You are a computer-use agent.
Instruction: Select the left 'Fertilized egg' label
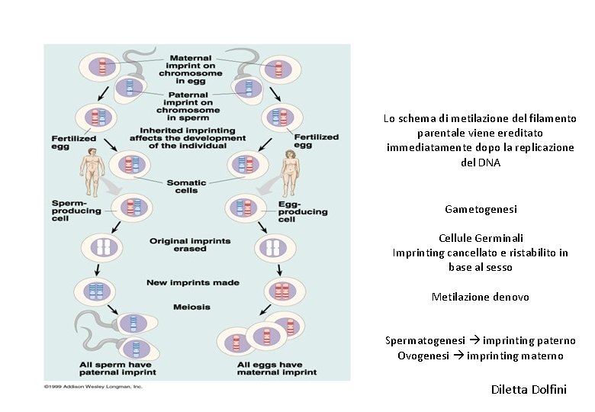click(73, 143)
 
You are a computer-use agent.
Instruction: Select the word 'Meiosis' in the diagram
click(191, 307)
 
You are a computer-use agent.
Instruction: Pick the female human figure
click(290, 172)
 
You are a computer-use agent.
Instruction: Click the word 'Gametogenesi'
click(481, 208)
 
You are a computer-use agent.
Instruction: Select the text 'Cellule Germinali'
click(481, 238)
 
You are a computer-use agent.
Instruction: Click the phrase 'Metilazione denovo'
click(481, 297)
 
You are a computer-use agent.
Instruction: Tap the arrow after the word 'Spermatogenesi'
click(474, 341)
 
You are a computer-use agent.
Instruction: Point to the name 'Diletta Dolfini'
click(529, 390)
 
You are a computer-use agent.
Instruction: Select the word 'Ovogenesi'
click(423, 356)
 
